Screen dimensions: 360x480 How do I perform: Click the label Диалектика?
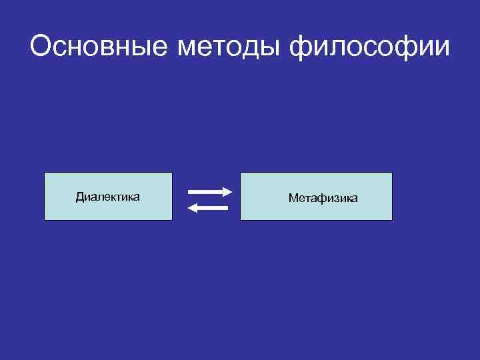click(107, 197)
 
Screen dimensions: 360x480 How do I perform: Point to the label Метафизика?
click(323, 198)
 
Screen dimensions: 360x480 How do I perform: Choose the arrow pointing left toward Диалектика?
click(208, 208)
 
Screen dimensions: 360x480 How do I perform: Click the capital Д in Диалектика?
click(79, 197)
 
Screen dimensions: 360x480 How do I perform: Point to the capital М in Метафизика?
click(293, 198)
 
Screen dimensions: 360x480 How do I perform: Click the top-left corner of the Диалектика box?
click(45, 173)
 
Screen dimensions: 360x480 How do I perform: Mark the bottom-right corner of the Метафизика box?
click(392, 220)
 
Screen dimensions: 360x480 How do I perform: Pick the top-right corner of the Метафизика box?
click(392, 173)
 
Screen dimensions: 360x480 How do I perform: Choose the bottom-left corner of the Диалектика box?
click(45, 220)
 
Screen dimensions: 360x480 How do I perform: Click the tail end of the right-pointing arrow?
click(190, 191)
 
